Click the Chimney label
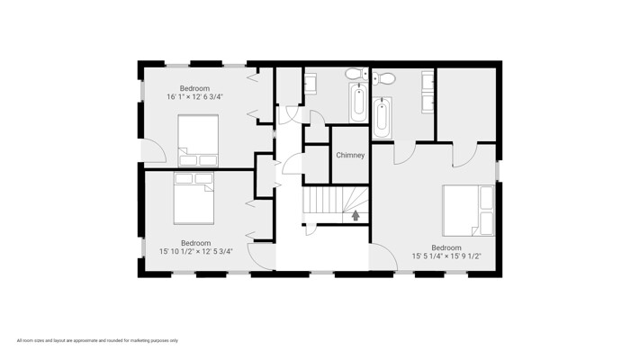click(350, 155)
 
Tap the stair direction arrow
click(356, 215)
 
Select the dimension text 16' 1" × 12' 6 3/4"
click(194, 96)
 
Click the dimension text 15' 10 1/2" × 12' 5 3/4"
click(196, 251)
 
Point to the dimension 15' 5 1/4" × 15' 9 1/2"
click(446, 256)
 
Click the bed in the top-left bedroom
click(198, 140)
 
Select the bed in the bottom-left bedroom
click(194, 198)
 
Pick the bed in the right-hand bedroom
click(469, 211)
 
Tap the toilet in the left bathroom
click(356, 75)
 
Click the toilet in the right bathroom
click(383, 77)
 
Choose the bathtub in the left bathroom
click(358, 102)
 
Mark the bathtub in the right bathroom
click(383, 118)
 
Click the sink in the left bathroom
click(311, 84)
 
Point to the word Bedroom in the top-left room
click(194, 88)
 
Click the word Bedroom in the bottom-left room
click(196, 243)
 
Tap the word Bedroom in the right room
click(446, 247)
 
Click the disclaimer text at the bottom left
click(97, 340)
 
